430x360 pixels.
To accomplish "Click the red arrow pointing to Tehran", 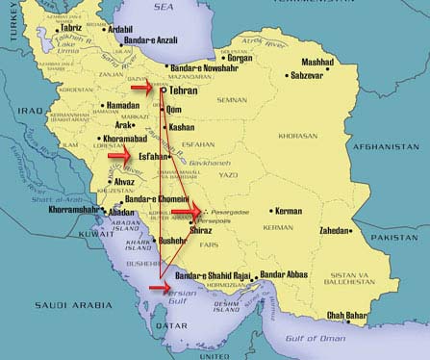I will pyautogui.click(x=142, y=88).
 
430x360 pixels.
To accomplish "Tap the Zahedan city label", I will pyautogui.click(x=342, y=231).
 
